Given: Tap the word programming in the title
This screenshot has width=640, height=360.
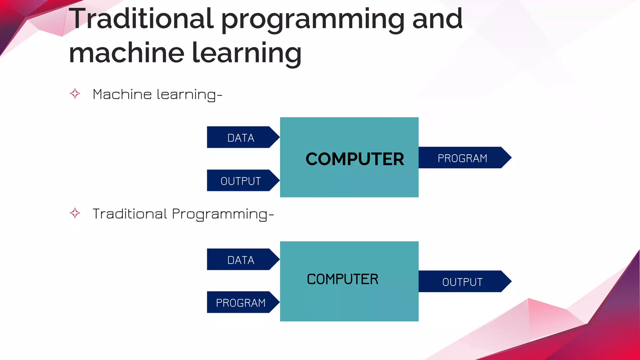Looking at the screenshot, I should pos(313,20).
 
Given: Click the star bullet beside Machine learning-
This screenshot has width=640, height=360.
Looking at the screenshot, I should pos(75,93).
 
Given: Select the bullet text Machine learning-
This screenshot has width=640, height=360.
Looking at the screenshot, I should pos(157,94).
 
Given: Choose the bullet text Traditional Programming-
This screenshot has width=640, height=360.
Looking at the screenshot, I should pos(183,214).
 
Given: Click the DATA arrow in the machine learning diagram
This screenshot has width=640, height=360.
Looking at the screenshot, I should pos(241,137).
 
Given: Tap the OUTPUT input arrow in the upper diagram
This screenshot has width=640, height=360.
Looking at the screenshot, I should pos(241,181).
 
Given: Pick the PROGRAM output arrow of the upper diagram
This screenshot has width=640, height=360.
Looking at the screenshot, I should pos(462,158).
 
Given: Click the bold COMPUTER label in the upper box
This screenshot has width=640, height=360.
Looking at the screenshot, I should pos(355,159).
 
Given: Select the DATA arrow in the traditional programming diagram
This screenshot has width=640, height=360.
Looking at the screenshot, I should pos(241,260).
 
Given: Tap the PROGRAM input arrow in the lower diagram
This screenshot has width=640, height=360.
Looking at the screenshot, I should pos(241,302).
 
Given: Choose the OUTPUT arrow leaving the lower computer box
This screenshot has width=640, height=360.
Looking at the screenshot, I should pos(462,282).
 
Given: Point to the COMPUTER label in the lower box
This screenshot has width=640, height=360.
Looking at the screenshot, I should pos(342,279).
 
